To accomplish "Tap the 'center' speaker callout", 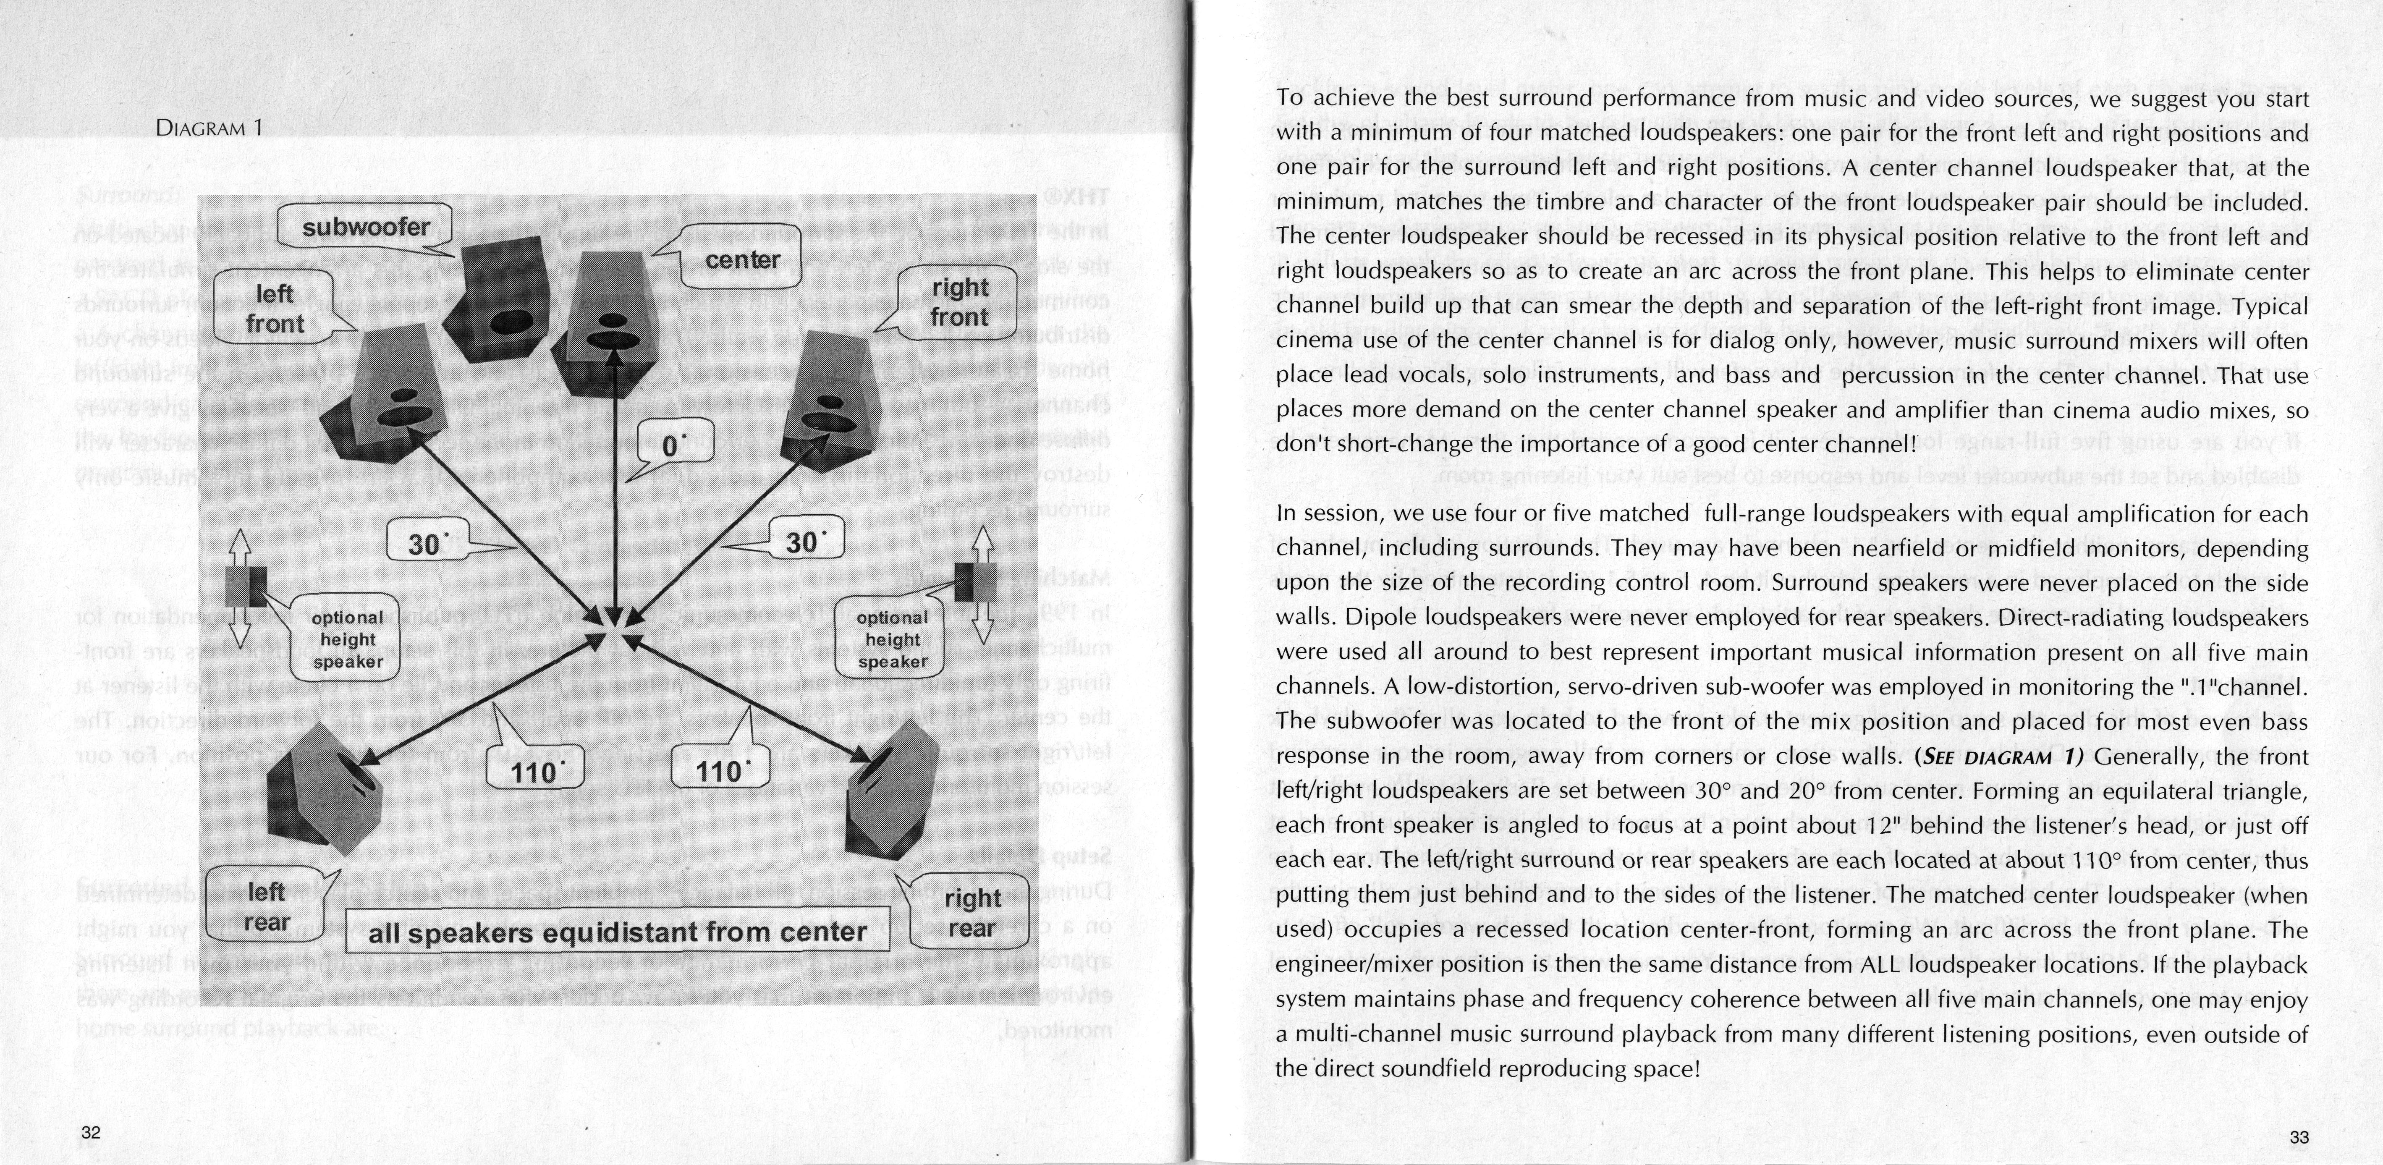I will click(x=742, y=260).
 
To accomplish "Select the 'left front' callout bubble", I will click(x=275, y=309).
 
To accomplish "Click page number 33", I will click(x=2299, y=1137).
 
